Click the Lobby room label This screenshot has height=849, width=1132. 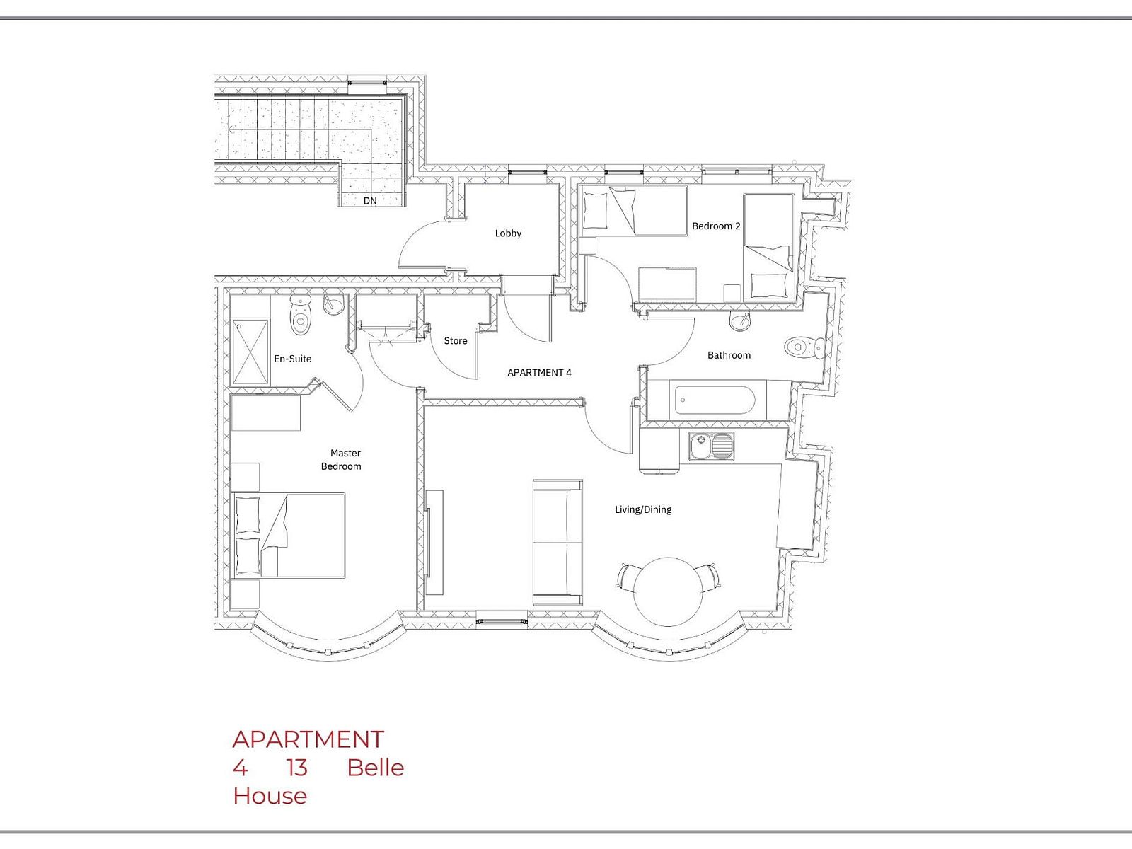(508, 233)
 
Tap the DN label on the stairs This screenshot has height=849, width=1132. (370, 200)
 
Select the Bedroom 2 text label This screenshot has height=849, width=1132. (716, 226)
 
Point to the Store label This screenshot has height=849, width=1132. (456, 341)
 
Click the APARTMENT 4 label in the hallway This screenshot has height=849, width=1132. (539, 372)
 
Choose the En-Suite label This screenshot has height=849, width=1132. (292, 359)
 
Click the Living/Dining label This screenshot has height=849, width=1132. (643, 510)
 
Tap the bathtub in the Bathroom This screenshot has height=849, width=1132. (715, 400)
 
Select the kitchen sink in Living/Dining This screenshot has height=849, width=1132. (710, 446)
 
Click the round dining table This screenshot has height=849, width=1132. (668, 591)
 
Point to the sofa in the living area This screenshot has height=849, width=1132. (558, 542)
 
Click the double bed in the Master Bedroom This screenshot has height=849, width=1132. (289, 535)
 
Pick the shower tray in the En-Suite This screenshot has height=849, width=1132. (250, 352)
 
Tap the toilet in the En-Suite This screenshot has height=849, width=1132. (300, 315)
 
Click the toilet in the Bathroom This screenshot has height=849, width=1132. (804, 347)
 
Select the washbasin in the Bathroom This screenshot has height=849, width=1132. (741, 320)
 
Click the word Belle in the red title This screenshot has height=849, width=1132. (376, 768)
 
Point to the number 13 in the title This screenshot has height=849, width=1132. (297, 768)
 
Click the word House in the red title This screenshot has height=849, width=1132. (270, 796)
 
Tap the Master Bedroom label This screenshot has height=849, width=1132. (342, 459)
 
